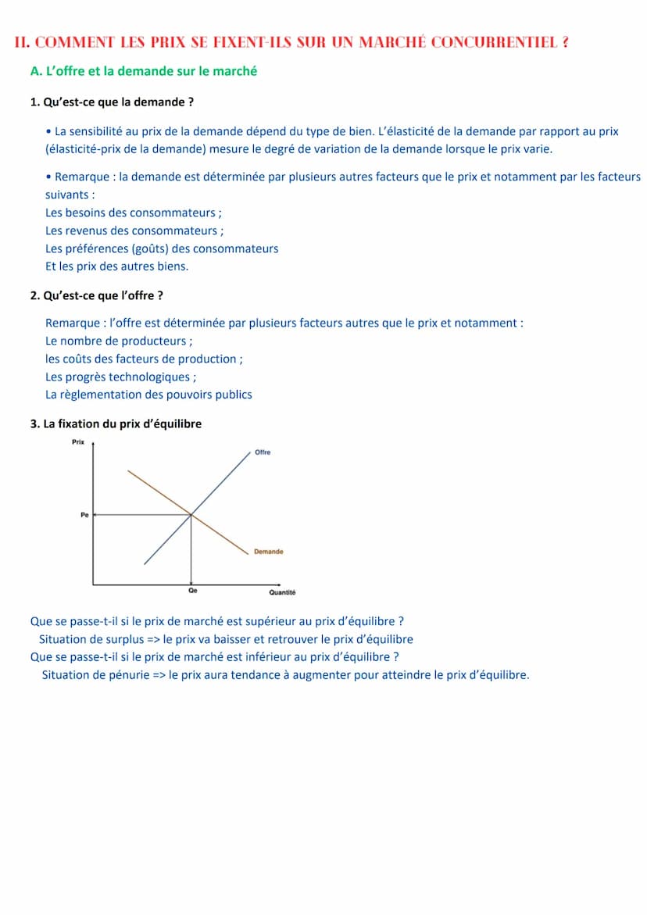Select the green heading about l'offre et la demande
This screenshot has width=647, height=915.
(x=143, y=71)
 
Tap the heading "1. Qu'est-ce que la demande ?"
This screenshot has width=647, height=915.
(x=112, y=102)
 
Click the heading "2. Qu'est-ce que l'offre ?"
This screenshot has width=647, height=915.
(x=96, y=295)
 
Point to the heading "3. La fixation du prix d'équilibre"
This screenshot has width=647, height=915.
(x=116, y=424)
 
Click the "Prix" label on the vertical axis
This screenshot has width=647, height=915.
(x=77, y=442)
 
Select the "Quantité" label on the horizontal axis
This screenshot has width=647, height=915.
(x=282, y=592)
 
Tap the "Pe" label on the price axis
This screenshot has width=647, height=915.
(x=84, y=515)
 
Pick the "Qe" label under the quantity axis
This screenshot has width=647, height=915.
(x=192, y=592)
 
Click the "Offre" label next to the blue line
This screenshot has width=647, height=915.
(x=263, y=452)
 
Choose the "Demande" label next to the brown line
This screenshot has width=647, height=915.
(x=268, y=552)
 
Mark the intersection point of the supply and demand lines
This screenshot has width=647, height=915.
(x=191, y=514)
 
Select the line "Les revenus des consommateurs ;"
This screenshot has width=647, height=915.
(x=134, y=231)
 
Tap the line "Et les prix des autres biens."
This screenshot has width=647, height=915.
(x=116, y=266)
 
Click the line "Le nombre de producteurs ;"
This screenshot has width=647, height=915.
(x=119, y=341)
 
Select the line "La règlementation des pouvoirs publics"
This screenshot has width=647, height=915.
(x=148, y=395)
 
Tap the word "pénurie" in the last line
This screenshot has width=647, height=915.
(x=127, y=674)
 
